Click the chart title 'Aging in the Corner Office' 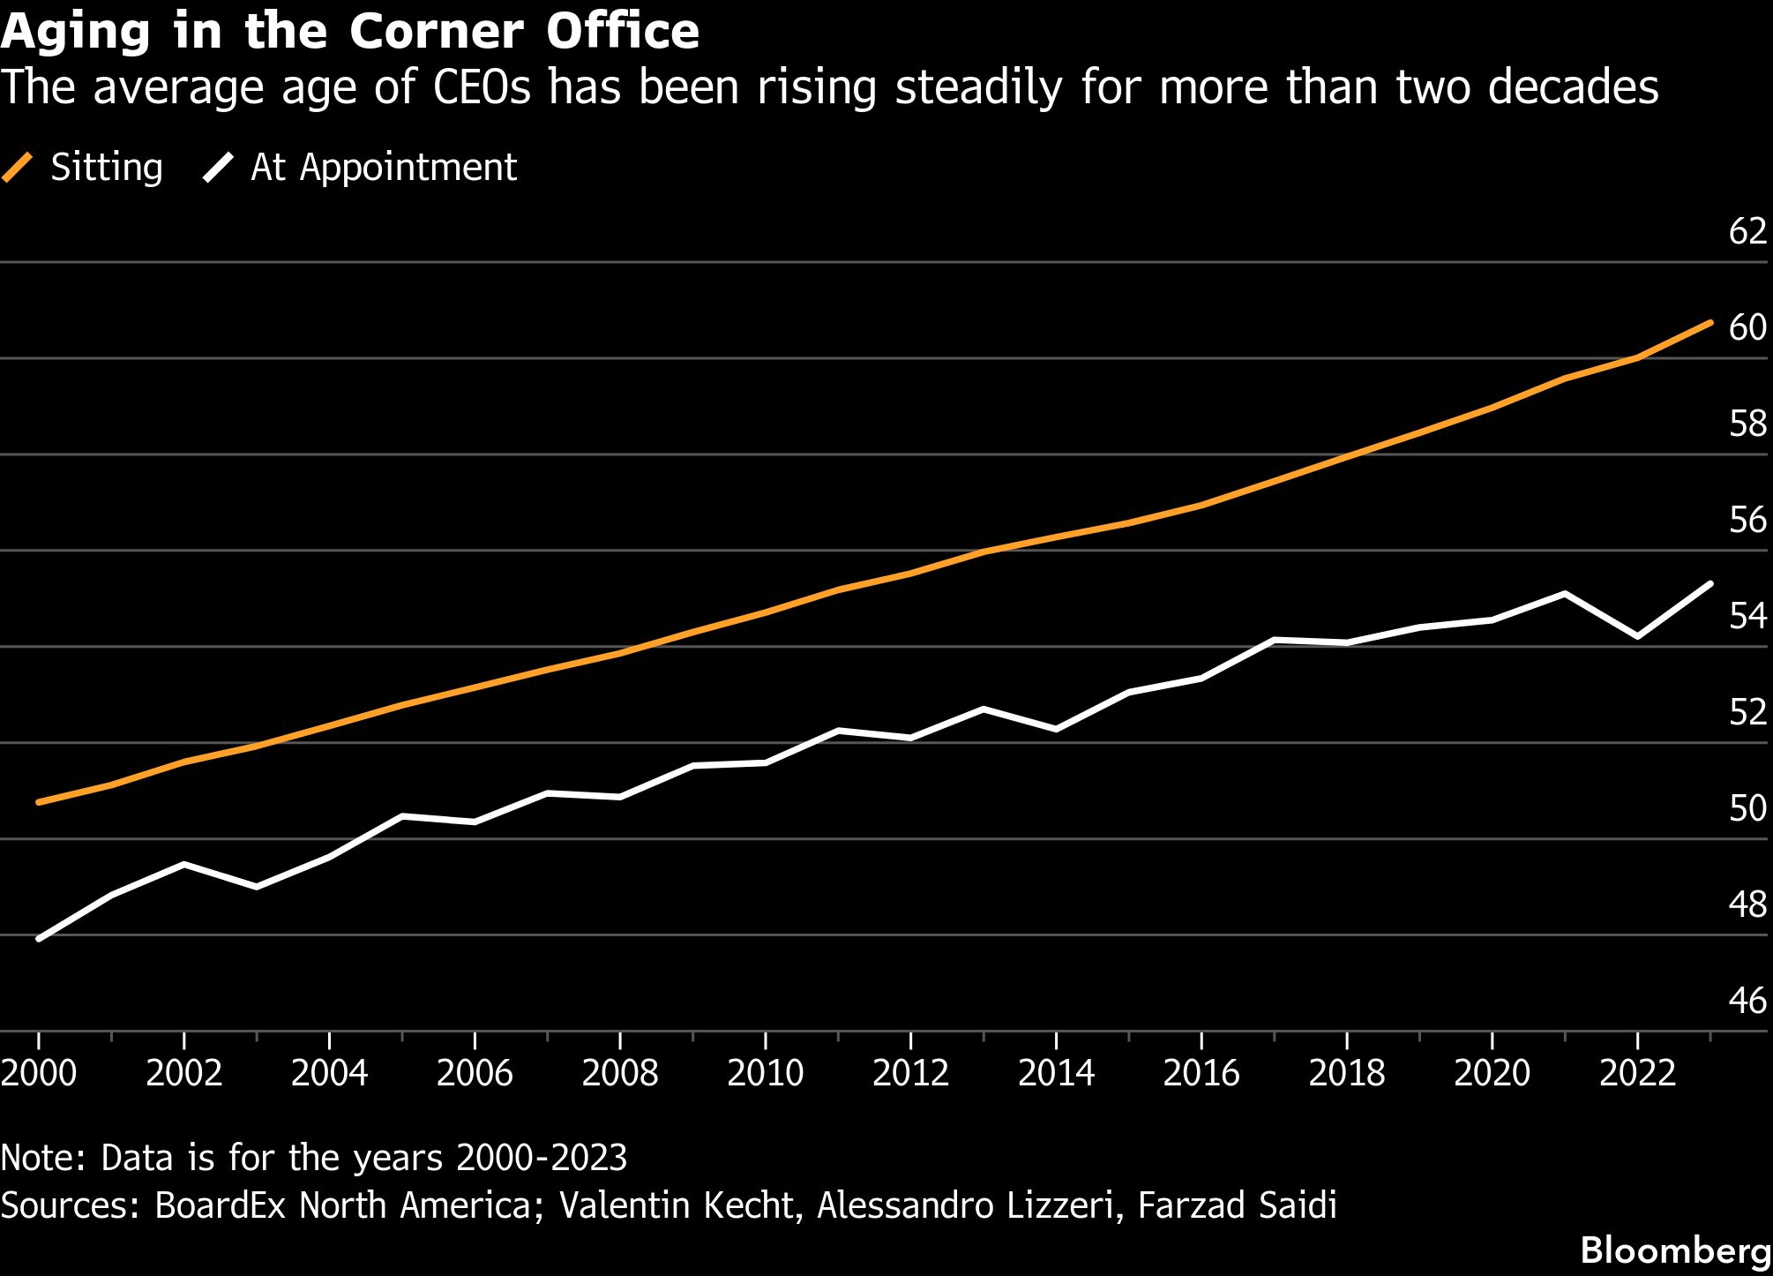click(350, 32)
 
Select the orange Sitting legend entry click(83, 168)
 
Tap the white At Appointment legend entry click(360, 168)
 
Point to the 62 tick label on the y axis click(1747, 231)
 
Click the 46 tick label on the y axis click(1747, 1001)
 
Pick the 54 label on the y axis click(1747, 616)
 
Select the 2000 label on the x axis click(39, 1073)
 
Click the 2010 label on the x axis click(765, 1073)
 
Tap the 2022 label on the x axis click(1637, 1073)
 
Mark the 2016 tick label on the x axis click(1201, 1073)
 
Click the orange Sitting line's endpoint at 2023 click(1710, 323)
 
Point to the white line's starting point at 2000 click(39, 939)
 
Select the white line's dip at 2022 click(1637, 636)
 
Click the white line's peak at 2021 click(1565, 593)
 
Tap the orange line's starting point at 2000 click(39, 802)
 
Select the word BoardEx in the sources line click(221, 1205)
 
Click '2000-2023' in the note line click(542, 1158)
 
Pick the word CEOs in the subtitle click(483, 88)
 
